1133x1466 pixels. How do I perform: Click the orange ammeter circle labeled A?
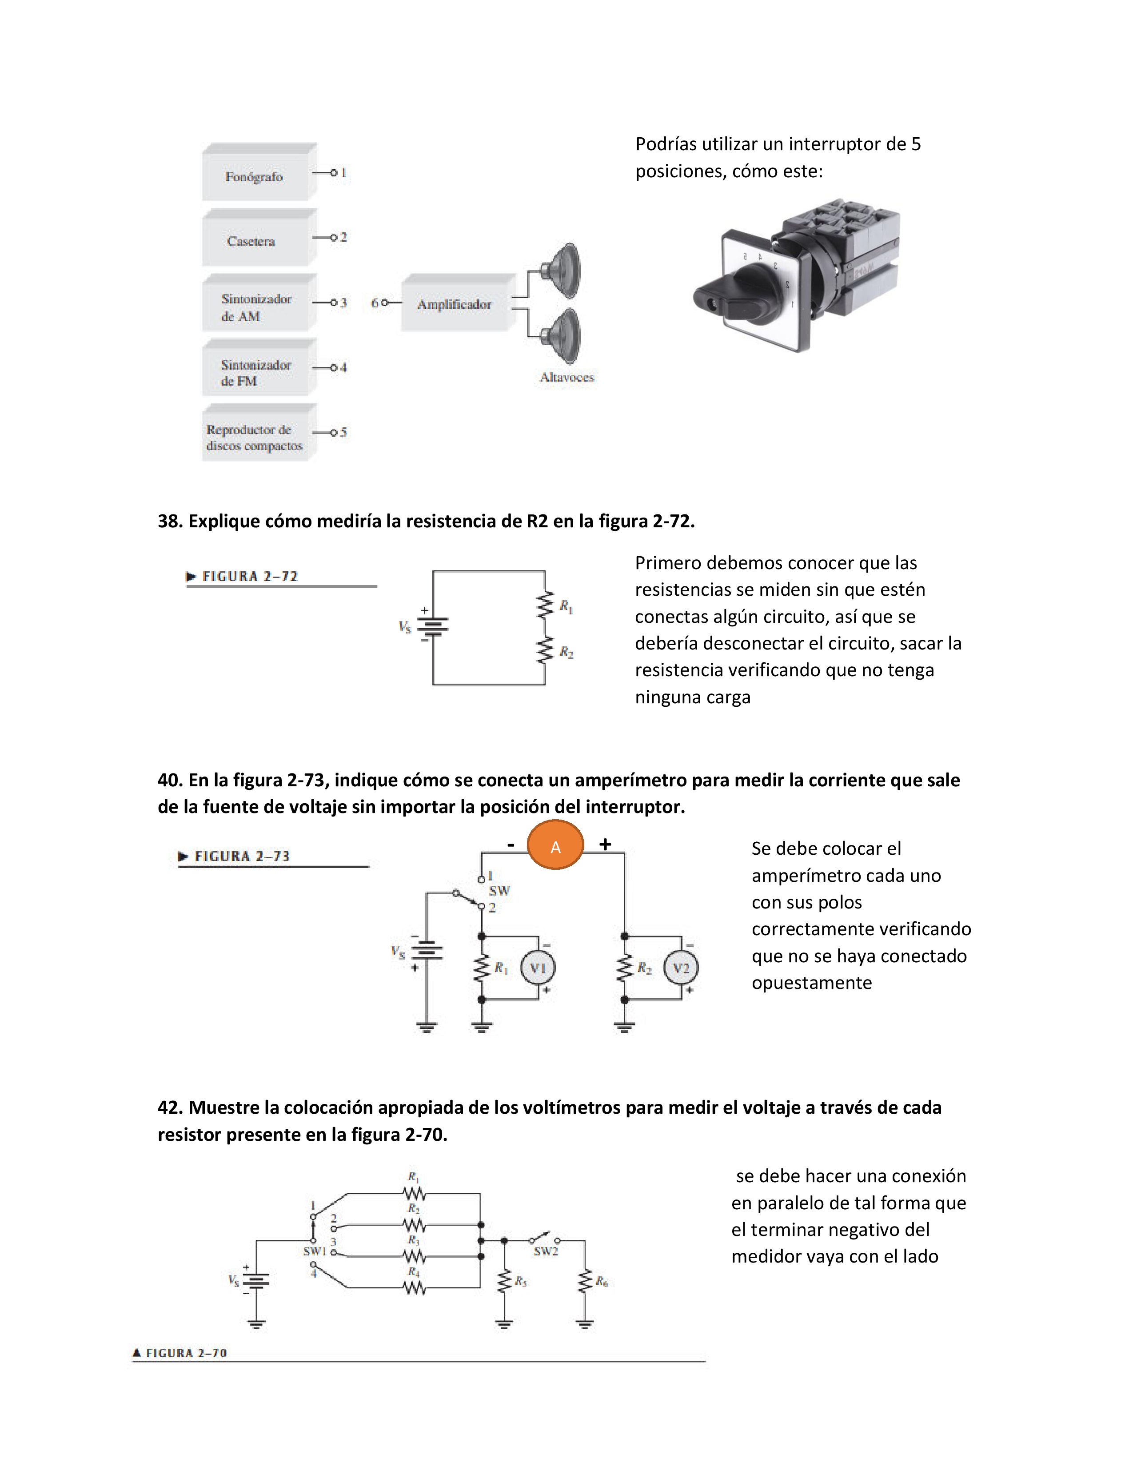(555, 846)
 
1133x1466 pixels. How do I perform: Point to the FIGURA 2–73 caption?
(242, 856)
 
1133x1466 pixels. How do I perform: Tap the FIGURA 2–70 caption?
(186, 1353)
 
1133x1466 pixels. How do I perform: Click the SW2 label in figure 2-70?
(546, 1251)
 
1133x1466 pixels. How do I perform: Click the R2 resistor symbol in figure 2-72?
(545, 650)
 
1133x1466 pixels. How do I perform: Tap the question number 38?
(170, 522)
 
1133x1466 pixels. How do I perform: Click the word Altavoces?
(567, 377)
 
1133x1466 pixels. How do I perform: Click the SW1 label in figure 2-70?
(314, 1251)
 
